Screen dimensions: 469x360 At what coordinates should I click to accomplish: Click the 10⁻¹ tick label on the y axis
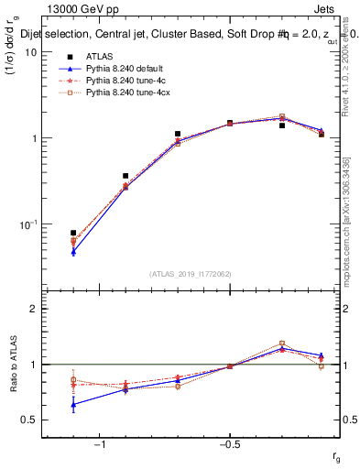click(x=27, y=224)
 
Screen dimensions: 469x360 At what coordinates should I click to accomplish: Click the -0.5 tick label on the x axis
click(x=229, y=444)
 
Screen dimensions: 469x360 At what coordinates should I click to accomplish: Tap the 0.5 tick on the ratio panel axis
click(x=30, y=420)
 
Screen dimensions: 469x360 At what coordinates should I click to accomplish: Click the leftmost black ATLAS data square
click(x=73, y=233)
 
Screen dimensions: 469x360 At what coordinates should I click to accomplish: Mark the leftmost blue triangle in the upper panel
click(x=73, y=251)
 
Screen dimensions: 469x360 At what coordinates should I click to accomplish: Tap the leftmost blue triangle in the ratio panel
click(x=73, y=404)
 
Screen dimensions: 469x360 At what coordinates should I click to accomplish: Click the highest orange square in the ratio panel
click(x=282, y=344)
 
